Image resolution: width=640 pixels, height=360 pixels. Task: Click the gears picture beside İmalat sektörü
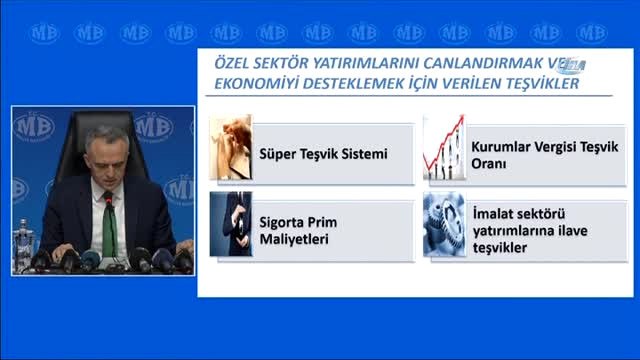443,223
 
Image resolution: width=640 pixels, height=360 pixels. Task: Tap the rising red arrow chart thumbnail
443,150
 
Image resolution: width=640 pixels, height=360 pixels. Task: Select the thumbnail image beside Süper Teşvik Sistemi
231,150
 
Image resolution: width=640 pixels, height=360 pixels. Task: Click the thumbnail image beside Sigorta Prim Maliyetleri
231,223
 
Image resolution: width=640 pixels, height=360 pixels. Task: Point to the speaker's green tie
108,224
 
